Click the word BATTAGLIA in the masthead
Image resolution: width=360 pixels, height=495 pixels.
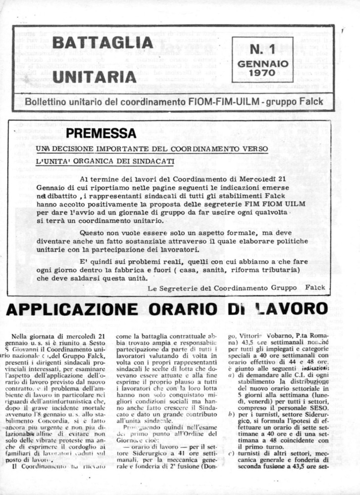(96, 43)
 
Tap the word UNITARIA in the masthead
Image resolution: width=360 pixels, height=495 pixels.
(94, 76)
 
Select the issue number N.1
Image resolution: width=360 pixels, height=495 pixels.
(262, 49)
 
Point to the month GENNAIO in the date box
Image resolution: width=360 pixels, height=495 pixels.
(262, 64)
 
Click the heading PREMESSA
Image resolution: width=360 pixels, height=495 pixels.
(101, 133)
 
